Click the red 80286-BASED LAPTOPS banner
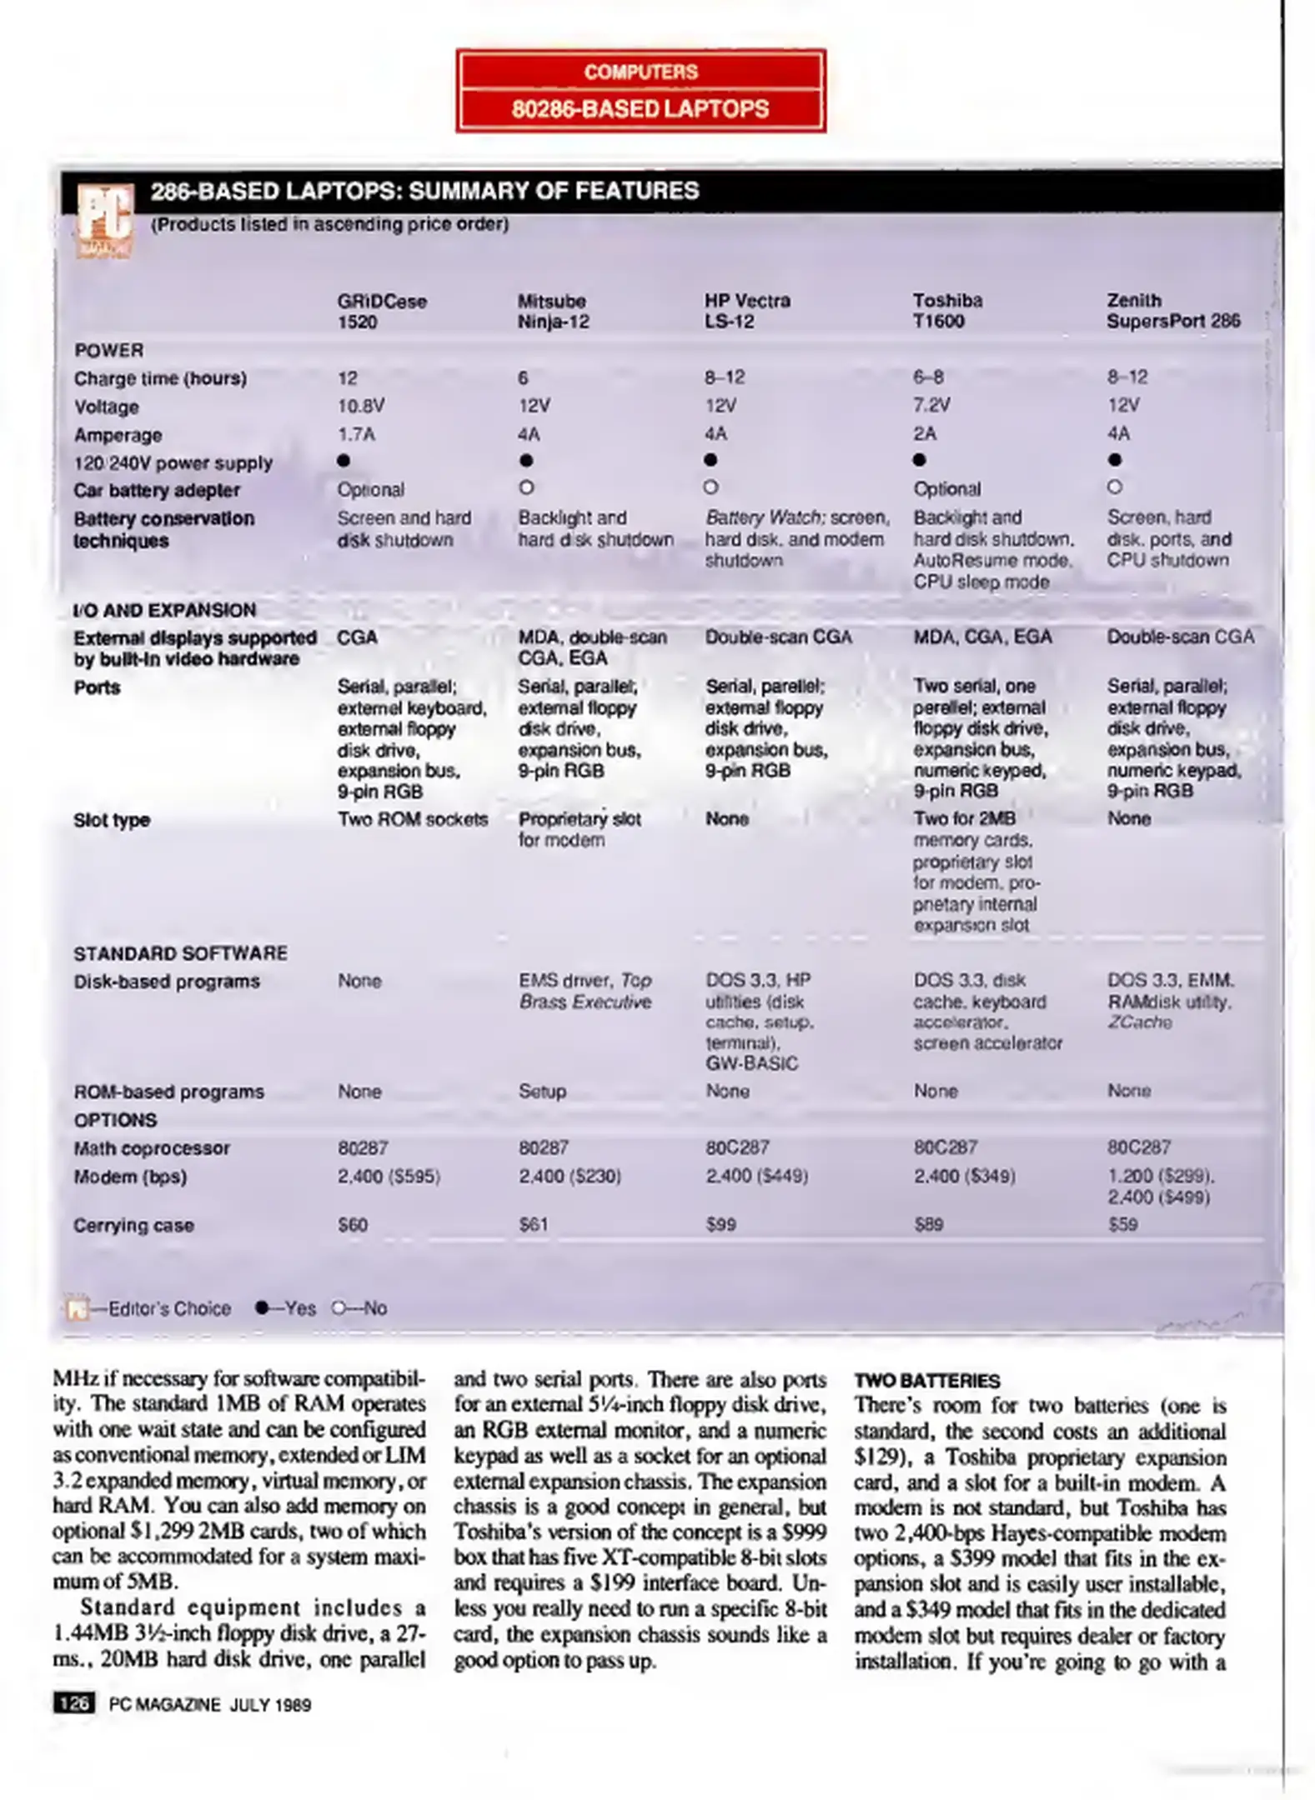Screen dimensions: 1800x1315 click(640, 109)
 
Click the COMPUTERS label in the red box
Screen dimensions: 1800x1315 click(640, 72)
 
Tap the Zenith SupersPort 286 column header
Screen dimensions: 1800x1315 click(1172, 311)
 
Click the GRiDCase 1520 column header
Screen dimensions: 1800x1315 click(381, 312)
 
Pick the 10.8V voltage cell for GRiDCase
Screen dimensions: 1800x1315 click(360, 406)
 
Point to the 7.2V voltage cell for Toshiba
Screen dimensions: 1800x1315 click(931, 405)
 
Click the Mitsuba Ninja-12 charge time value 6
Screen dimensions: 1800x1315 click(523, 378)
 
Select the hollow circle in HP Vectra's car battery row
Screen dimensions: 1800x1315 click(710, 487)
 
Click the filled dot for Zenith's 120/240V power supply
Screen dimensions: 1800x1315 click(1115, 460)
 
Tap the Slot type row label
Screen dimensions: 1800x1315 click(112, 820)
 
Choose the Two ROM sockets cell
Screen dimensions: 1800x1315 click(412, 819)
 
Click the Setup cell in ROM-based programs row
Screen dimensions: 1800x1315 click(542, 1091)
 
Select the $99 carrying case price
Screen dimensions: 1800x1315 click(720, 1224)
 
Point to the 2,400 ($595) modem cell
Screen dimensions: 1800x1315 click(389, 1176)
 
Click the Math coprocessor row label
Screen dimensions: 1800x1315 click(151, 1147)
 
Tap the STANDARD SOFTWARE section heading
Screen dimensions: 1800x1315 click(180, 953)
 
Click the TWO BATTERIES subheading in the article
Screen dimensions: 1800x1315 click(926, 1381)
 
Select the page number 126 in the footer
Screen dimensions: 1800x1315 click(74, 1704)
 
